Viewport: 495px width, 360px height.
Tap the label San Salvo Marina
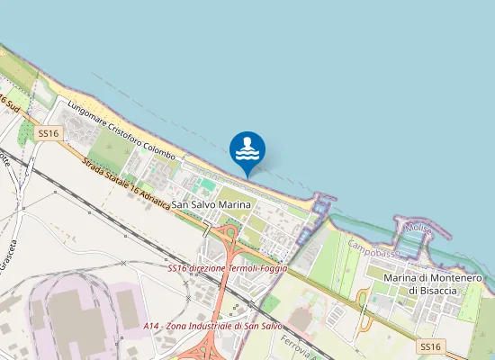pos(210,205)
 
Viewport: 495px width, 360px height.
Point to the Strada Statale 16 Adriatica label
pos(125,184)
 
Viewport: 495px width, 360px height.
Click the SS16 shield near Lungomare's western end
pos(49,133)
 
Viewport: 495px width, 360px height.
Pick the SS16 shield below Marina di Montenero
pos(430,346)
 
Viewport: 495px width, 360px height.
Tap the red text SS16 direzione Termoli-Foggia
pos(228,268)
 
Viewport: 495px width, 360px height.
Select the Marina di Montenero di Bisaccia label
pos(434,284)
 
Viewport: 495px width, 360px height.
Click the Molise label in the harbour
pos(418,229)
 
